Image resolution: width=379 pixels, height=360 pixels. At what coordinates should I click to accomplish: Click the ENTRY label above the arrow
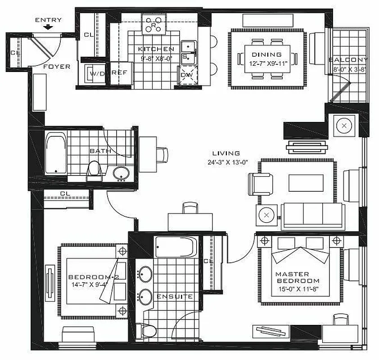(x=48, y=20)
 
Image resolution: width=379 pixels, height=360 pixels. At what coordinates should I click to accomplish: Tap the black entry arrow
(x=48, y=27)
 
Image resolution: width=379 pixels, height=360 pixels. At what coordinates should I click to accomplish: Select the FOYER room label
(x=57, y=67)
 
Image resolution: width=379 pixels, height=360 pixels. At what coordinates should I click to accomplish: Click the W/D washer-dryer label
(x=97, y=73)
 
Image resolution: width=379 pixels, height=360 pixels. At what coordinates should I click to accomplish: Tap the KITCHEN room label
(x=156, y=49)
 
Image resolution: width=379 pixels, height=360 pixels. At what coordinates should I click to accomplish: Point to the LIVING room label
(x=227, y=153)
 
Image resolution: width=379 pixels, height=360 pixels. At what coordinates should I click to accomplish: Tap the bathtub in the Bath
(x=56, y=153)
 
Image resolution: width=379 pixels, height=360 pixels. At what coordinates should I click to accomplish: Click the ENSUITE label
(x=175, y=297)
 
